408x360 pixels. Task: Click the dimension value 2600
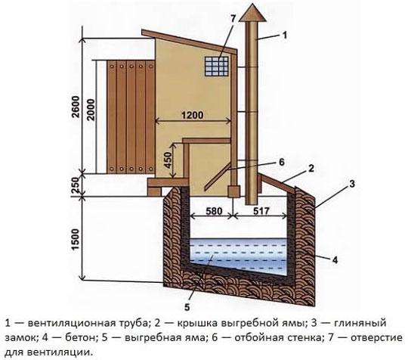[x=76, y=107]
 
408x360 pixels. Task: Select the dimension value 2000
[x=91, y=110]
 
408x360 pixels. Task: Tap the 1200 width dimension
[x=193, y=115]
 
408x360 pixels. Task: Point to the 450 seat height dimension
[x=168, y=160]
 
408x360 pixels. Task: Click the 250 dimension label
[x=76, y=185]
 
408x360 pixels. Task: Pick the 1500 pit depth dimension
[x=76, y=239]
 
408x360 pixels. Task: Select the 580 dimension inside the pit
[x=213, y=211]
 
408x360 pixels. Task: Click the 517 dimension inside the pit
[x=261, y=211]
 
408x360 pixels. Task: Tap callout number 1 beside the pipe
[x=285, y=35]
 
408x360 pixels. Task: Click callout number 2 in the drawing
[x=311, y=169]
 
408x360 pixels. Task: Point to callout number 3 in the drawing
[x=352, y=184]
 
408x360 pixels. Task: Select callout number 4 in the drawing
[x=335, y=259]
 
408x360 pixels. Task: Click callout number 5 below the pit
[x=187, y=307]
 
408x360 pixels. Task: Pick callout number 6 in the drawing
[x=282, y=162]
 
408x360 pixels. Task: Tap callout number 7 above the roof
[x=233, y=19]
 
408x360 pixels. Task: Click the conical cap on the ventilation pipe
[x=253, y=12]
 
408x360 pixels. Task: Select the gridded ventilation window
[x=217, y=67]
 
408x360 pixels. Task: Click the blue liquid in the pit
[x=238, y=254]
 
